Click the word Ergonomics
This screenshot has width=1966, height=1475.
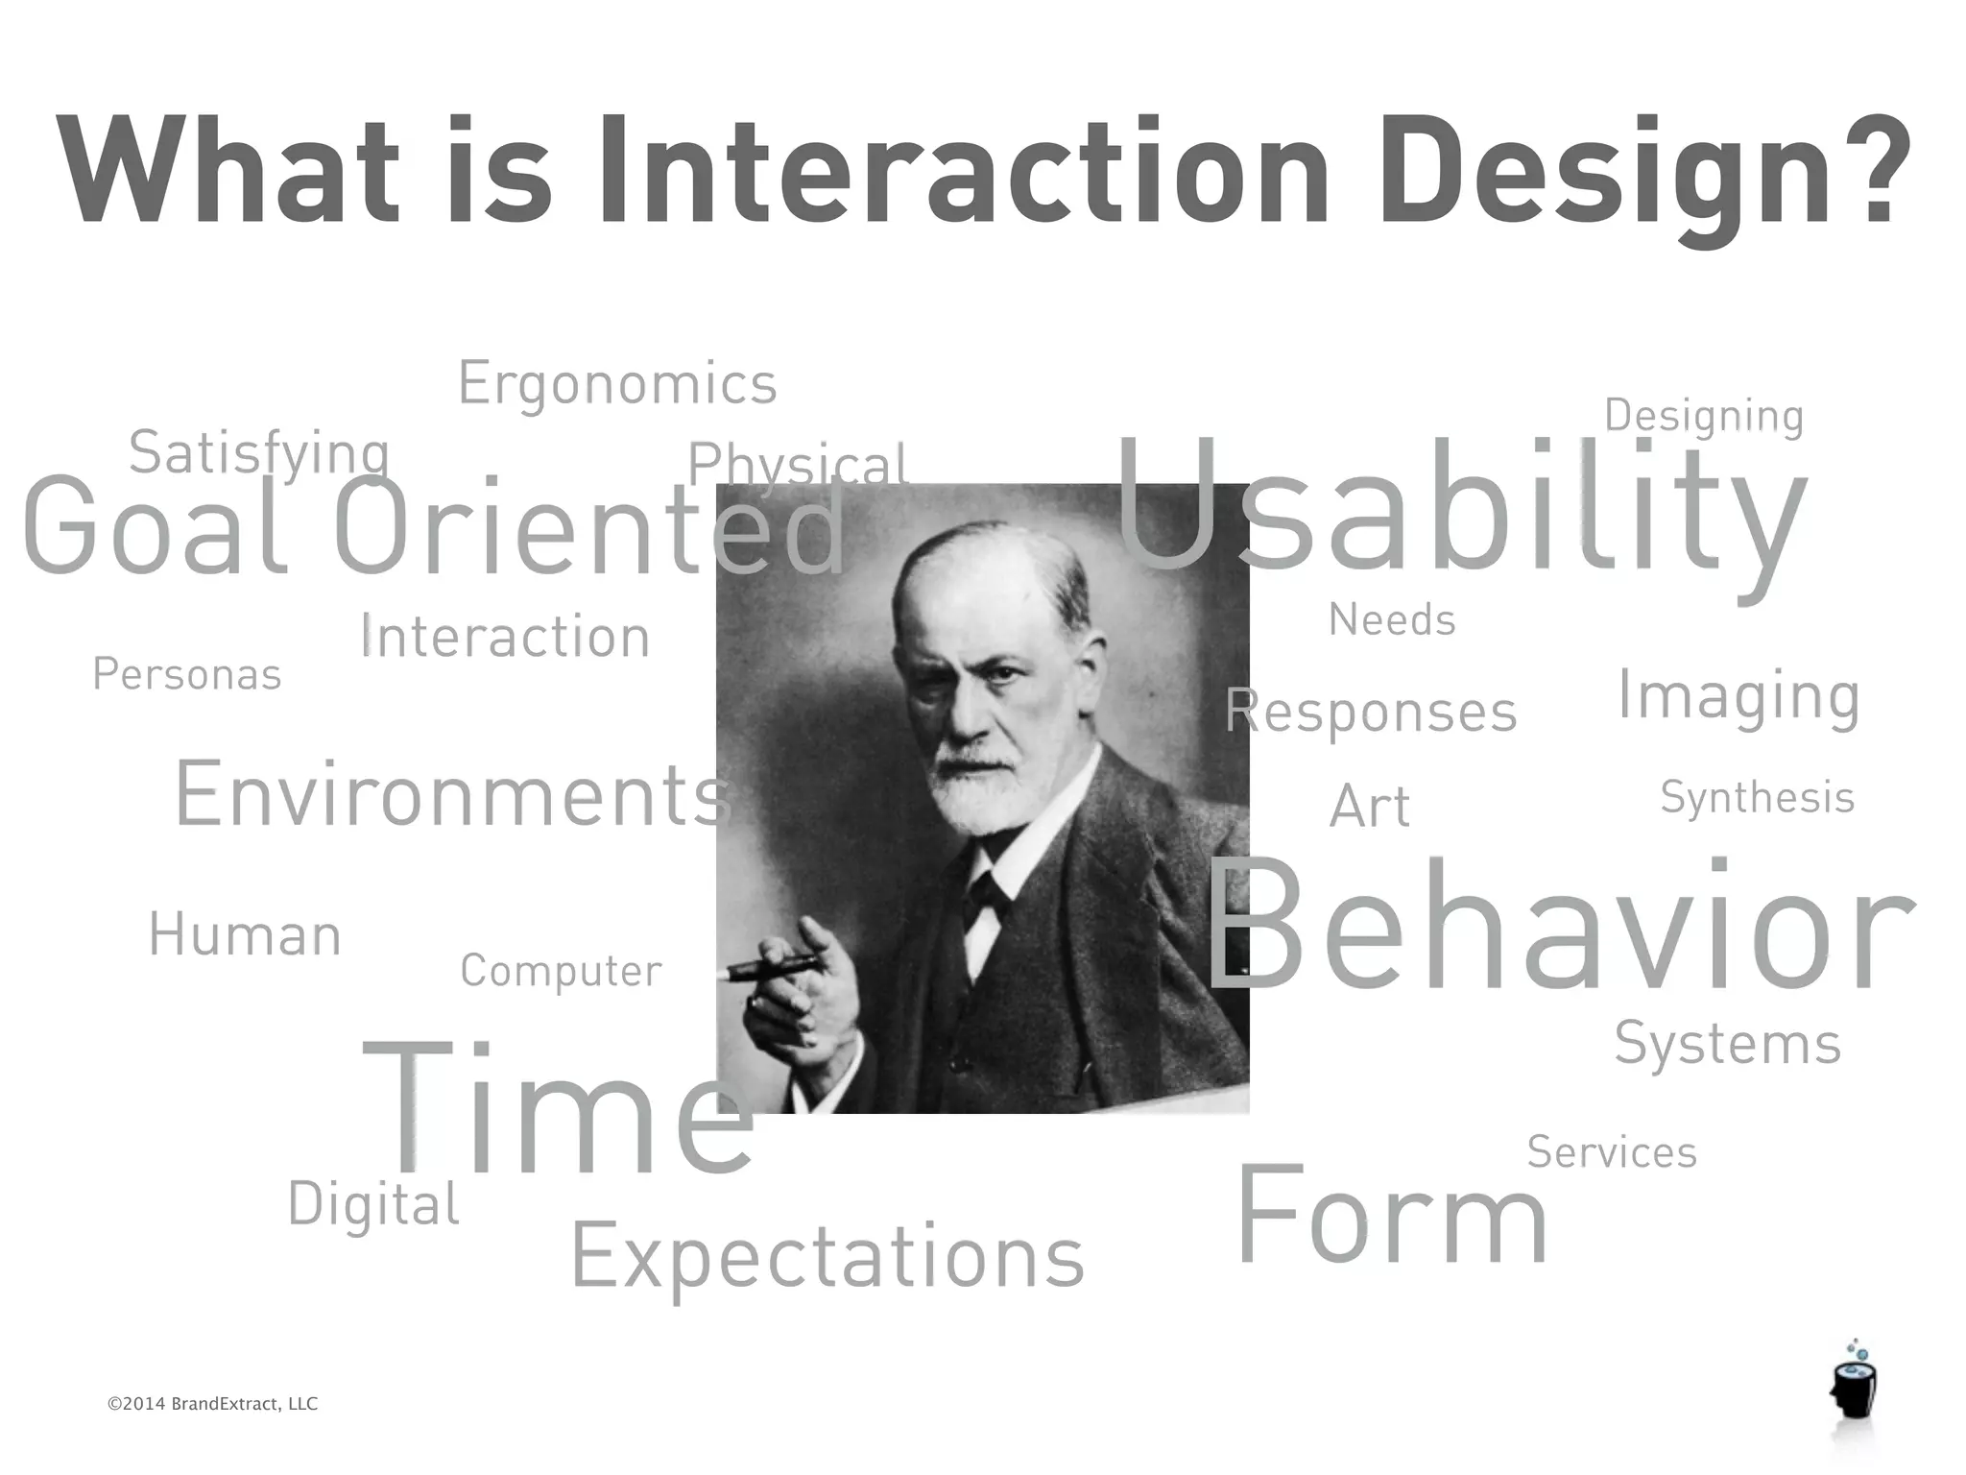coord(617,384)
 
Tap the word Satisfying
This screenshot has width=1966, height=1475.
coord(259,453)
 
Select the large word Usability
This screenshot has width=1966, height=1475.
coord(1459,509)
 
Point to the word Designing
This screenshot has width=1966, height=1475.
coord(1704,417)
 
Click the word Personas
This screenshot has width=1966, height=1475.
coord(187,674)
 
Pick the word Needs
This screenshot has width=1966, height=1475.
coord(1392,620)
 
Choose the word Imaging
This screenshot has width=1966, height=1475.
coord(1738,696)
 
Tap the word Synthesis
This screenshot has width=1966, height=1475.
coord(1757,798)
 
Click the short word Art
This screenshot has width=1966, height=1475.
coord(1370,807)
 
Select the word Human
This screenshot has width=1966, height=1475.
coord(245,935)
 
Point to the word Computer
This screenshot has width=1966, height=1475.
coord(561,971)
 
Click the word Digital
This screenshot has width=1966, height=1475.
coord(373,1204)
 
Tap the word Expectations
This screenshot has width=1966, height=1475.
coord(827,1258)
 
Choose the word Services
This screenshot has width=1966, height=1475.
coord(1612,1152)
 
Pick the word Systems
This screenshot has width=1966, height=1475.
coord(1727,1045)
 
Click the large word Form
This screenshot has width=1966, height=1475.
coord(1392,1218)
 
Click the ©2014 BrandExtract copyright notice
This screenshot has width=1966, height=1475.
coord(212,1404)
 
